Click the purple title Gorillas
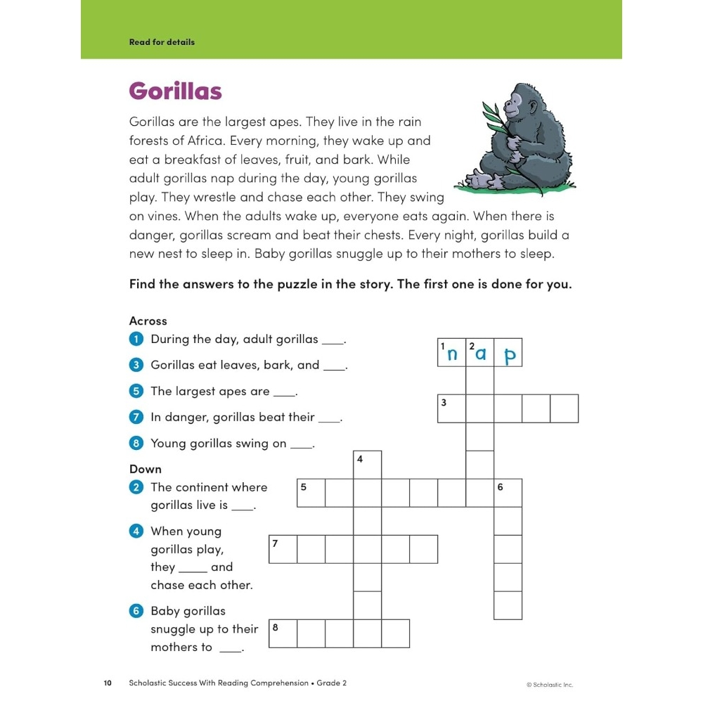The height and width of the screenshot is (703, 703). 175,91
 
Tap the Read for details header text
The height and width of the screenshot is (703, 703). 162,42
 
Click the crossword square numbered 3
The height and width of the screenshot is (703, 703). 451,408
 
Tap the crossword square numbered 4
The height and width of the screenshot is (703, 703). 367,465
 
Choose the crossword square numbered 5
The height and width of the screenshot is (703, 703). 311,493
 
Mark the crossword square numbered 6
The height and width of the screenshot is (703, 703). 508,493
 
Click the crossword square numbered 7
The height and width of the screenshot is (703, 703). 283,549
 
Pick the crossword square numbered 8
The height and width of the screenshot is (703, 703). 283,633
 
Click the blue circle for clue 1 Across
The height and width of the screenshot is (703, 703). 136,340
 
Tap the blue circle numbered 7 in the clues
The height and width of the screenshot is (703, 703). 136,418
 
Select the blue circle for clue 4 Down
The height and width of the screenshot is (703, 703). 136,531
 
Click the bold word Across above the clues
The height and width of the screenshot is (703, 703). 148,321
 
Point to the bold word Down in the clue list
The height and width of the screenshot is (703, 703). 146,469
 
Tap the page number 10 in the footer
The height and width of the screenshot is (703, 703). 108,683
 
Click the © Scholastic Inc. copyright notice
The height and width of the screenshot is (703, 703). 550,684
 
